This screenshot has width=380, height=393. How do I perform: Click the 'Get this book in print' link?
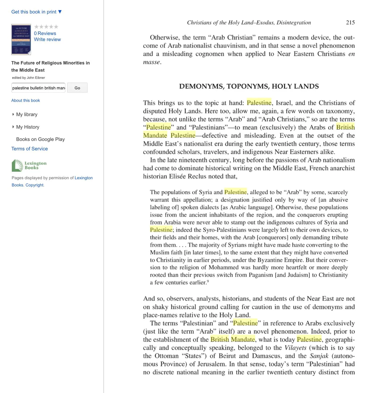(36, 12)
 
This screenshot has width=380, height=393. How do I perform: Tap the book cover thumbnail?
(21, 39)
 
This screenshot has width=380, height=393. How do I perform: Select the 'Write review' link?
(47, 40)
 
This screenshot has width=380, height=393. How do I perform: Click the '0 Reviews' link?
(45, 33)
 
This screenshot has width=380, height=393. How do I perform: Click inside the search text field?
(38, 88)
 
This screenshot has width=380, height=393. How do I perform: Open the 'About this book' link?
(25, 100)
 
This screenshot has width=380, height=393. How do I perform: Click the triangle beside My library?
(13, 115)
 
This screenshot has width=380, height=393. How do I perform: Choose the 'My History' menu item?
(28, 127)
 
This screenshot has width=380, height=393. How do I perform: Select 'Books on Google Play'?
(40, 139)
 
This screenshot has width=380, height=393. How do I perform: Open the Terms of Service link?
(29, 149)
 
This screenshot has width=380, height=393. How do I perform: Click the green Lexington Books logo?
(29, 165)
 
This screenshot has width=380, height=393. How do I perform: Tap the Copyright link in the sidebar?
(34, 185)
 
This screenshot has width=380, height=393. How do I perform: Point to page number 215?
(350, 23)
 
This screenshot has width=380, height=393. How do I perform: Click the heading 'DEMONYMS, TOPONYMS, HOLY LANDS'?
(249, 86)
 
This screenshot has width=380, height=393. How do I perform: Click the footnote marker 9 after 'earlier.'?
(208, 281)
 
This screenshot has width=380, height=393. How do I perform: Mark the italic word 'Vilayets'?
(295, 348)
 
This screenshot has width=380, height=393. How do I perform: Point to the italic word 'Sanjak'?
(319, 356)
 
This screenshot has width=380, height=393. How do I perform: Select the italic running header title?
(249, 23)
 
